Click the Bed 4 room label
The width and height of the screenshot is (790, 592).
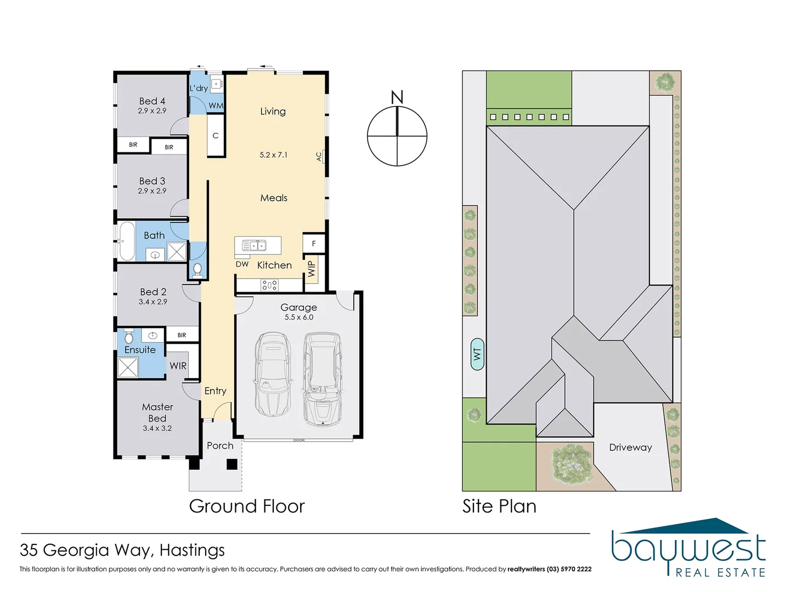152,101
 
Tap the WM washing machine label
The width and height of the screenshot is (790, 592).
216,106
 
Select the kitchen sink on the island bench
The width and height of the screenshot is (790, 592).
254,246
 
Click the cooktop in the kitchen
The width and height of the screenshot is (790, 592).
269,285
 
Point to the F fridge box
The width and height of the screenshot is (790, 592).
314,243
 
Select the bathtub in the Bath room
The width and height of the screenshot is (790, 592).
127,241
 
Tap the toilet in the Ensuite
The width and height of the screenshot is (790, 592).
129,335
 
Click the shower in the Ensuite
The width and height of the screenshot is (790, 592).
128,367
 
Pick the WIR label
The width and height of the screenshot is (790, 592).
178,366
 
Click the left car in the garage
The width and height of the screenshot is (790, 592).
273,374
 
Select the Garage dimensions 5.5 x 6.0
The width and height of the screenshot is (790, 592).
299,317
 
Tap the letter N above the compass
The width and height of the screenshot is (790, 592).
397,97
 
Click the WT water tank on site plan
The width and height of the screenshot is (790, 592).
477,354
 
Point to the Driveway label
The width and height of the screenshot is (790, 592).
630,447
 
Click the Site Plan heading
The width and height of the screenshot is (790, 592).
499,506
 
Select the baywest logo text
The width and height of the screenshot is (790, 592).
689,549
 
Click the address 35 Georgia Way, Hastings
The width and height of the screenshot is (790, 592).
122,550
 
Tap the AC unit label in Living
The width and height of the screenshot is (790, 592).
319,156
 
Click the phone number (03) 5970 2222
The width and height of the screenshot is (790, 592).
569,569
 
